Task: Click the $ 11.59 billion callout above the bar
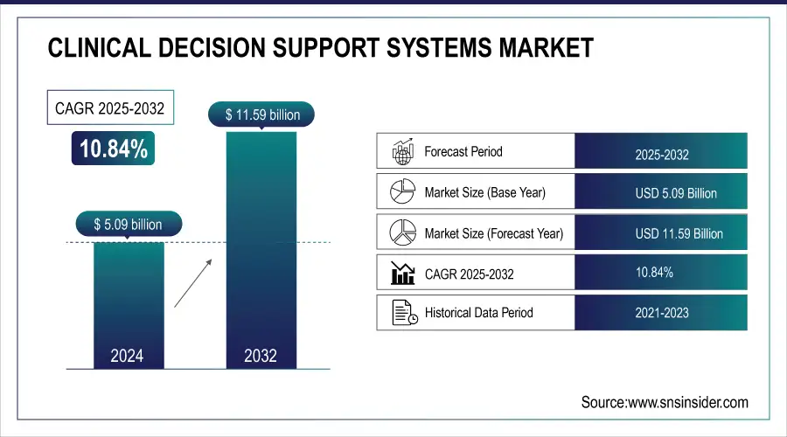tap(261, 114)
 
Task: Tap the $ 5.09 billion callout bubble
tap(129, 225)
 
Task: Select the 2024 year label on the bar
tap(127, 356)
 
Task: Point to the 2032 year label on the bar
tap(261, 356)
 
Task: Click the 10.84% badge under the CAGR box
tap(114, 149)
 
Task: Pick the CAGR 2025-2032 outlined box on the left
tap(110, 108)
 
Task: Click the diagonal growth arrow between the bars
tap(193, 283)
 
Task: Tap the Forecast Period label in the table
tap(463, 151)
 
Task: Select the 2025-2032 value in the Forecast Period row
tap(662, 155)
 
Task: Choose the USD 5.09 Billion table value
tap(676, 193)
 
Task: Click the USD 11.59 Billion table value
tap(679, 234)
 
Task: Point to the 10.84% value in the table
tap(654, 273)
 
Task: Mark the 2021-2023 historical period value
tap(662, 313)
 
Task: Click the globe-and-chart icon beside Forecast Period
tap(402, 151)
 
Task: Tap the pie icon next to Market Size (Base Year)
tap(402, 191)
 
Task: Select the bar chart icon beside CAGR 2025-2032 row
tap(402, 273)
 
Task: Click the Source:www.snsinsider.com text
tap(665, 402)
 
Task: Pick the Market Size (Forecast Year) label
tap(494, 233)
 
